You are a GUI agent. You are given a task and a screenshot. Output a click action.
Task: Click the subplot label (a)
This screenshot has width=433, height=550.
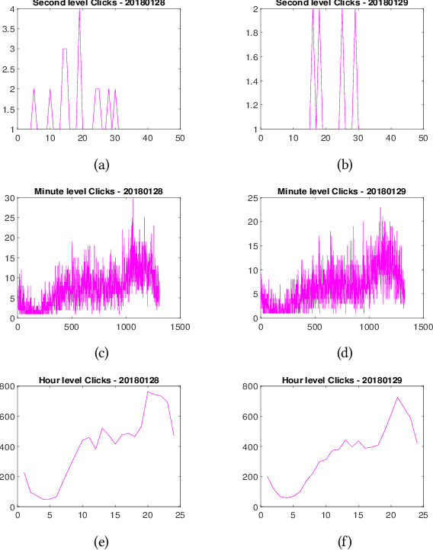[99, 164]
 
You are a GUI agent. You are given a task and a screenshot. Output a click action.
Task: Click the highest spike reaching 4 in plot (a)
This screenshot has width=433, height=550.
[79, 9]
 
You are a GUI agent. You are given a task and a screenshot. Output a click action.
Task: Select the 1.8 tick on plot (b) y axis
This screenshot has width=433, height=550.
[252, 34]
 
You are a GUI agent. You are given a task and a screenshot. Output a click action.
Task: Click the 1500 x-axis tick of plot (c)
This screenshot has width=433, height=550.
[180, 328]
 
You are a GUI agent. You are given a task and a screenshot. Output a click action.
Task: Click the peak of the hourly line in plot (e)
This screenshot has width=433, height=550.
[147, 392]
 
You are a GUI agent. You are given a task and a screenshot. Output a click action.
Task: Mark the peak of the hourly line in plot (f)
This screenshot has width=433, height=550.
[397, 397]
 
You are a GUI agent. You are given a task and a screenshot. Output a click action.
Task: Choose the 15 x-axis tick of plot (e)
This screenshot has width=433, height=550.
[114, 516]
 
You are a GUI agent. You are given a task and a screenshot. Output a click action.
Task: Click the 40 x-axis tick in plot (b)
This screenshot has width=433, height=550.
[391, 139]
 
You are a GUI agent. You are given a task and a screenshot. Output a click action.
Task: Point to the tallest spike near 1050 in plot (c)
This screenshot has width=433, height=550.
[133, 199]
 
